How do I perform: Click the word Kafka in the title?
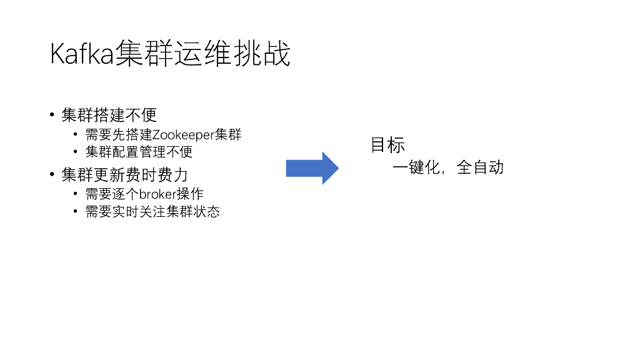click(82, 54)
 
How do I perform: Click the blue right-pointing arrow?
click(312, 168)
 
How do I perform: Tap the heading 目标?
click(387, 145)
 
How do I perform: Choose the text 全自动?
click(480, 167)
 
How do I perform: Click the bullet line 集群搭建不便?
click(109, 115)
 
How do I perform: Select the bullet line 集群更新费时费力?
click(124, 174)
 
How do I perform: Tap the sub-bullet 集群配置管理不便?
click(139, 152)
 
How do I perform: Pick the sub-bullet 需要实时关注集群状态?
click(152, 211)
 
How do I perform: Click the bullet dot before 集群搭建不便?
click(53, 115)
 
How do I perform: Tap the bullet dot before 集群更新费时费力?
click(53, 174)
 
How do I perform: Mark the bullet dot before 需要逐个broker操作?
click(76, 194)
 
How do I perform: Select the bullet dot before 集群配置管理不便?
click(76, 151)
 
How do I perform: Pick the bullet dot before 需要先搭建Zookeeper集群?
click(76, 134)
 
